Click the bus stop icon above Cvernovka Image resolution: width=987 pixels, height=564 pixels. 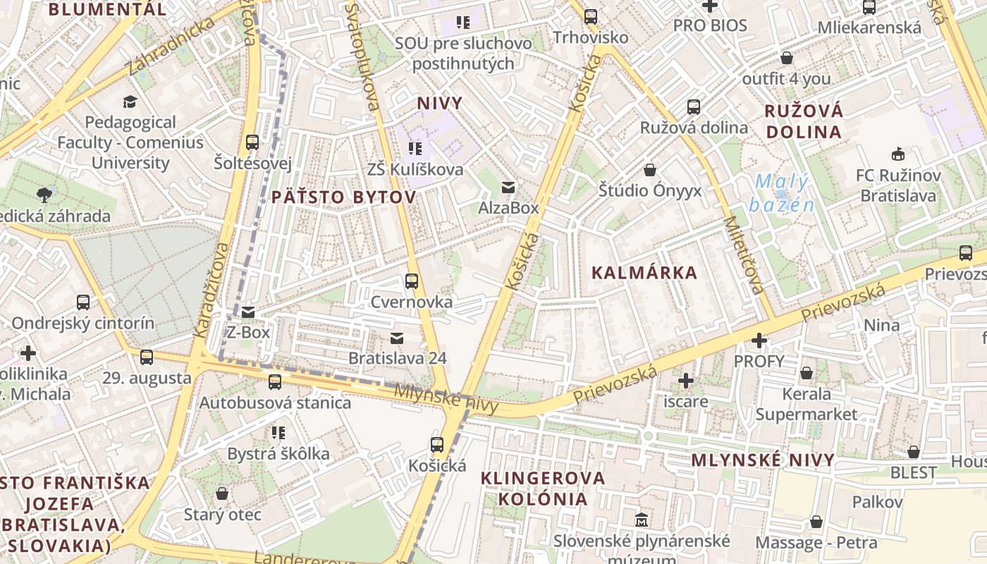pos(412,281)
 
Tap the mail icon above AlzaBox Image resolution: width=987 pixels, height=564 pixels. pos(508,188)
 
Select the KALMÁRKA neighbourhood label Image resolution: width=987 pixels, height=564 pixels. pos(644,273)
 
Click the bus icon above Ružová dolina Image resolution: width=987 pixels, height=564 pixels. pos(694,107)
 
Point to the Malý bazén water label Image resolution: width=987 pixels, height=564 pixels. pos(781,193)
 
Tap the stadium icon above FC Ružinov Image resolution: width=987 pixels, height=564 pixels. pos(898,154)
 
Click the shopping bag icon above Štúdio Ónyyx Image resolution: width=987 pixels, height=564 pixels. pos(649,170)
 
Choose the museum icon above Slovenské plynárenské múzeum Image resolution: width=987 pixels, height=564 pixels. pos(642,521)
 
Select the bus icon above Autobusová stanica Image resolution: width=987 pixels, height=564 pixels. pos(275,382)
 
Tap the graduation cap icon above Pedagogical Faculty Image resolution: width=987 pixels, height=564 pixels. pos(130,102)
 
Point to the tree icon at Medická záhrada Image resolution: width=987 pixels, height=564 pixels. pos(44,194)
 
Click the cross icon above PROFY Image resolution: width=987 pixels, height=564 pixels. pos(759,341)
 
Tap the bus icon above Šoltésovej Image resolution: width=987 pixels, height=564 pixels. pos(252,142)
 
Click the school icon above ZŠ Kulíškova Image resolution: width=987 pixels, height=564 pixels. pos(415,149)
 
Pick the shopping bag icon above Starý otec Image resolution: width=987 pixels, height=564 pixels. pos(222,493)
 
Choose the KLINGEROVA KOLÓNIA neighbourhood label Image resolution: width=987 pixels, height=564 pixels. pos(543,488)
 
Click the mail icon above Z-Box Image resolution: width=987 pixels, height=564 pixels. pos(248,312)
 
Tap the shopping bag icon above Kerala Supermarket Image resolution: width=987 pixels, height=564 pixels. pos(807,373)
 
